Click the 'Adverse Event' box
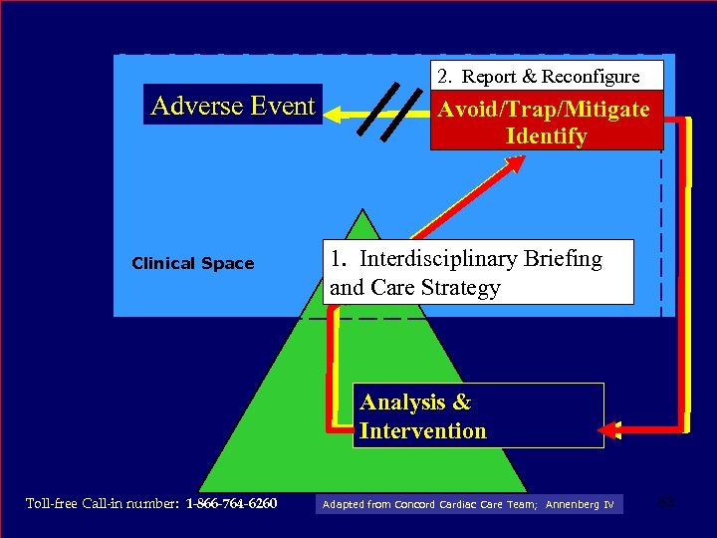click(233, 106)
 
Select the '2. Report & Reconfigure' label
click(536, 77)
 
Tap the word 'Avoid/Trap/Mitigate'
click(546, 110)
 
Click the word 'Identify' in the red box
click(546, 136)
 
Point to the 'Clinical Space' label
click(193, 264)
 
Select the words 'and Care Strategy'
click(414, 288)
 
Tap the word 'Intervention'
click(423, 431)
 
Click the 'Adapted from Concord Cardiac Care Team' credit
click(429, 505)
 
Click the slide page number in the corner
click(668, 501)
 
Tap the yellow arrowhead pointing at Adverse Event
click(336, 115)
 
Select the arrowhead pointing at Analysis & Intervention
click(609, 430)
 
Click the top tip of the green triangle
click(364, 210)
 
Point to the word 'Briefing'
click(567, 259)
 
